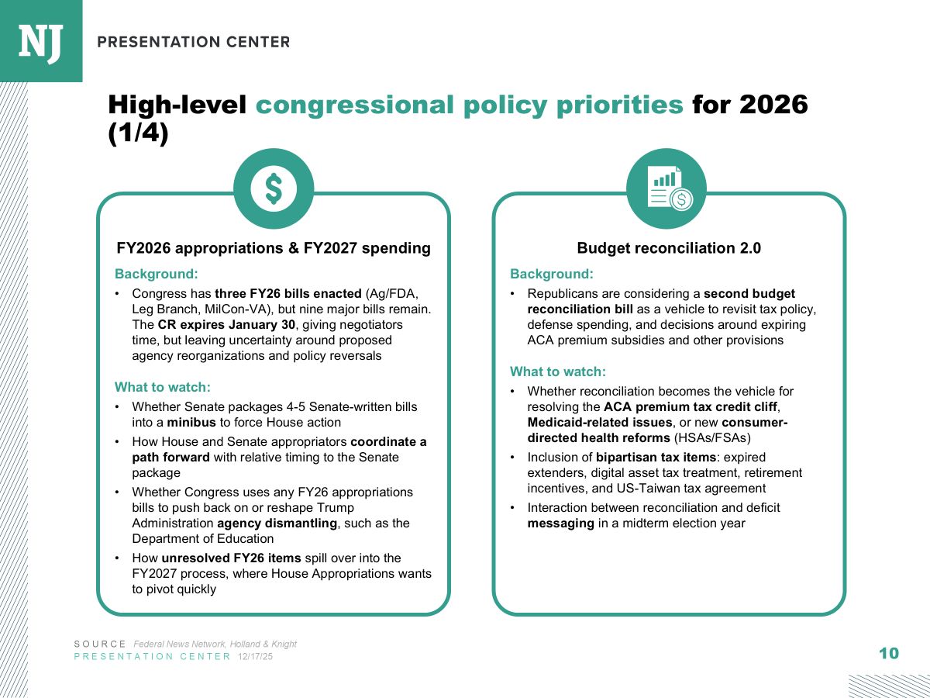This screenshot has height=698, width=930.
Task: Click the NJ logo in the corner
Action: coord(40,40)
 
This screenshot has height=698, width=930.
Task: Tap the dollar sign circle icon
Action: coord(274,188)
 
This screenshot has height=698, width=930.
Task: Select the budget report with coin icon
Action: coord(666,188)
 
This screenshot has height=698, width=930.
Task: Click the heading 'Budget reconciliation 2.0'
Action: coord(669,248)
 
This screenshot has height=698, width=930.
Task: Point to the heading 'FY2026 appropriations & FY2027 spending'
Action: coord(274,248)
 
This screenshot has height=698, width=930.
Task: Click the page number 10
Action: coord(889,653)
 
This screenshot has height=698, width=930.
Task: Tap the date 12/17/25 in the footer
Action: coord(255,657)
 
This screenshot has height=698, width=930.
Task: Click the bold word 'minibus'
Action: coord(191,423)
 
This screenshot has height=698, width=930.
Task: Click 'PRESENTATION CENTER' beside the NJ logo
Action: coord(194,42)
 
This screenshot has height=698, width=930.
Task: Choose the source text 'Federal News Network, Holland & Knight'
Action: coord(215,644)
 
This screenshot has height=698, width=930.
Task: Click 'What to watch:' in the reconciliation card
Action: coord(558,372)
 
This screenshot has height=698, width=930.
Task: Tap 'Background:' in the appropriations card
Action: coord(157,274)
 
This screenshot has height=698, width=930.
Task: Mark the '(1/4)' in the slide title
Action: coord(138,133)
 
